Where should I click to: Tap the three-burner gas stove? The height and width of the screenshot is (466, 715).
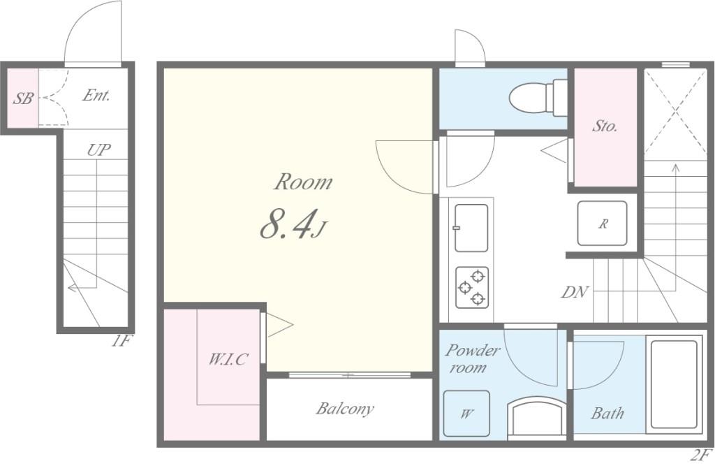tap(472, 288)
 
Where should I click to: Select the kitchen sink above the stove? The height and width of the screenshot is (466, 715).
tap(471, 228)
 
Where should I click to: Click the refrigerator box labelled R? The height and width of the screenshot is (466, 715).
tap(602, 224)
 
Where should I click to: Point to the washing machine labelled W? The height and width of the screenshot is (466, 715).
tap(466, 413)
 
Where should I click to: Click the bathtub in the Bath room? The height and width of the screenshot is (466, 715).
tap(675, 384)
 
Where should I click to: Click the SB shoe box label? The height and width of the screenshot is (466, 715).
tap(23, 98)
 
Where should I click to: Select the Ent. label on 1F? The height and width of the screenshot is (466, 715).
tap(96, 95)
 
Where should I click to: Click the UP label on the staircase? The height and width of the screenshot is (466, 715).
tap(99, 150)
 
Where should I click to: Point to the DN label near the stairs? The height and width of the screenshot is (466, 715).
tap(575, 292)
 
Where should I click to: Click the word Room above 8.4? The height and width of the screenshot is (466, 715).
tap(303, 182)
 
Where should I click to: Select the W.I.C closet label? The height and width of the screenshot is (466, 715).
tap(228, 360)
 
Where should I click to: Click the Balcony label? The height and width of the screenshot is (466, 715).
tap(345, 409)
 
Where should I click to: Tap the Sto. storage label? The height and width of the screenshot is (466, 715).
tap(605, 126)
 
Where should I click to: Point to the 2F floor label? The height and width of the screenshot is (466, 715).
tap(701, 455)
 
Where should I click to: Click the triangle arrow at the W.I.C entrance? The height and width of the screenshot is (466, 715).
tap(279, 325)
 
